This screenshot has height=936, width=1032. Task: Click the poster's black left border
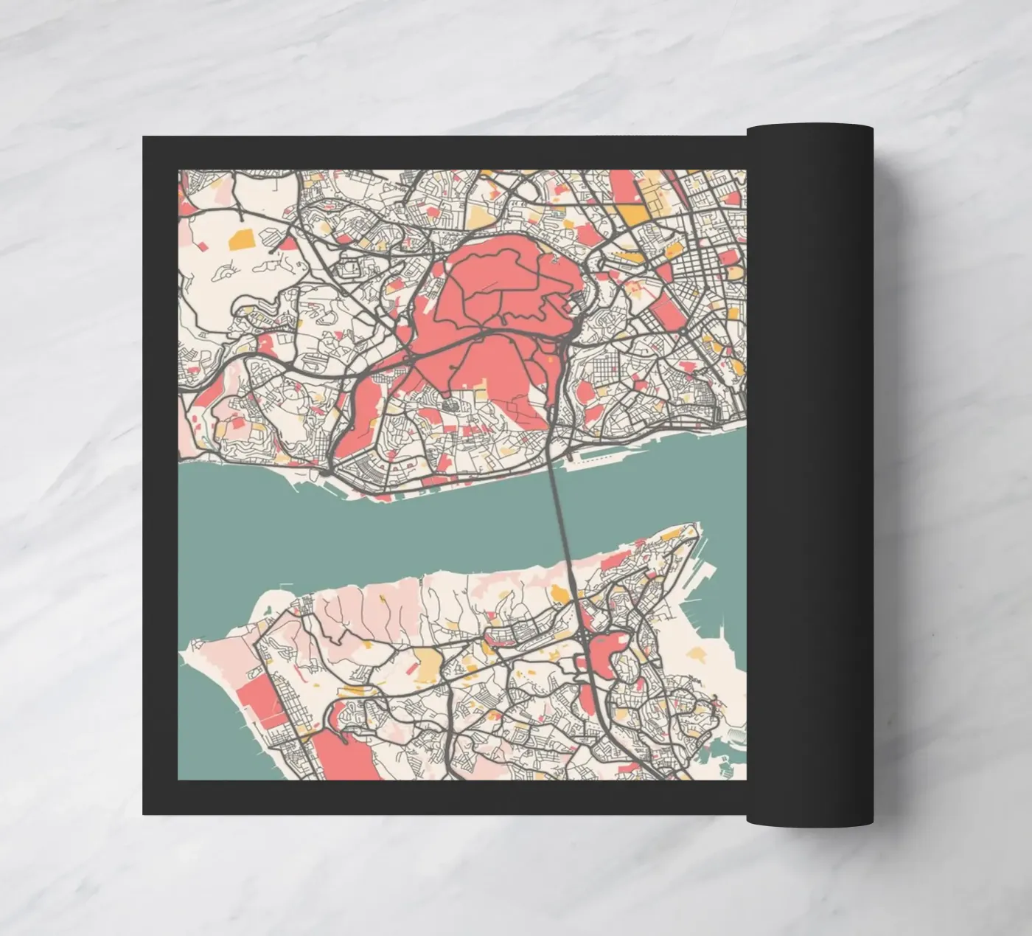(x=160, y=472)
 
